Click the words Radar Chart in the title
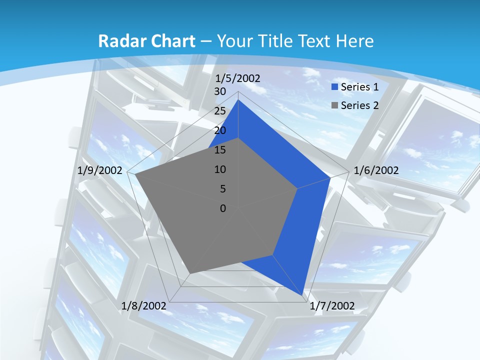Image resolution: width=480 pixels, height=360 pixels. (146, 41)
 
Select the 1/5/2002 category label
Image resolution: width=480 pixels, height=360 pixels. (238, 78)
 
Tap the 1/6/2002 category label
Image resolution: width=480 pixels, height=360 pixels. (376, 170)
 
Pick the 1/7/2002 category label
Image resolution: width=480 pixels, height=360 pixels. (332, 306)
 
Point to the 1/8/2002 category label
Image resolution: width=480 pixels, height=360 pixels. (144, 306)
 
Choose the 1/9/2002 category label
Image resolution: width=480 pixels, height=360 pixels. (100, 170)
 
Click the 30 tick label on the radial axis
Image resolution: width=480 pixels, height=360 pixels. (220, 91)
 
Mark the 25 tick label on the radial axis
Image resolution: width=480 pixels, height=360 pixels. (220, 111)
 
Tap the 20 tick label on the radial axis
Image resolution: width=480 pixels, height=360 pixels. (220, 130)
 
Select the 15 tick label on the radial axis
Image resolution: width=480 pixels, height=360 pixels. (220, 150)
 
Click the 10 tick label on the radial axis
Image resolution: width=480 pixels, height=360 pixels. (220, 169)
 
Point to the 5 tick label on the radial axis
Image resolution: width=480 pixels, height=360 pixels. (222, 189)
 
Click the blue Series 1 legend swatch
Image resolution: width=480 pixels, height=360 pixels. (335, 87)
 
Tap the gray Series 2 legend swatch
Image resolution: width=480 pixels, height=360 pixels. (335, 105)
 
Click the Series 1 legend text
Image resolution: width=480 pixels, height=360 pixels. (359, 87)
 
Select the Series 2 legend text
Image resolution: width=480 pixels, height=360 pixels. (359, 105)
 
